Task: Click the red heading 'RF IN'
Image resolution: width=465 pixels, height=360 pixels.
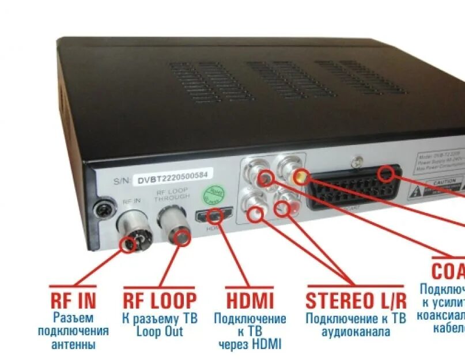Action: (x=73, y=300)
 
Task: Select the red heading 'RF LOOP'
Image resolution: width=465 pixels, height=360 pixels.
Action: (x=159, y=300)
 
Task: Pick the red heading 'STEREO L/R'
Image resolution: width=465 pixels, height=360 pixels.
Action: (x=356, y=301)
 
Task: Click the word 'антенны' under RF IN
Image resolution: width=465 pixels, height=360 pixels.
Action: (x=73, y=344)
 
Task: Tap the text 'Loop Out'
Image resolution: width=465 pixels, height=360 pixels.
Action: (x=160, y=331)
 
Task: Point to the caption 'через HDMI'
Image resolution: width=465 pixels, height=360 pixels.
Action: (x=249, y=344)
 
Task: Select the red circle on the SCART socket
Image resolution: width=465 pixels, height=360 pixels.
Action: (x=390, y=174)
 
